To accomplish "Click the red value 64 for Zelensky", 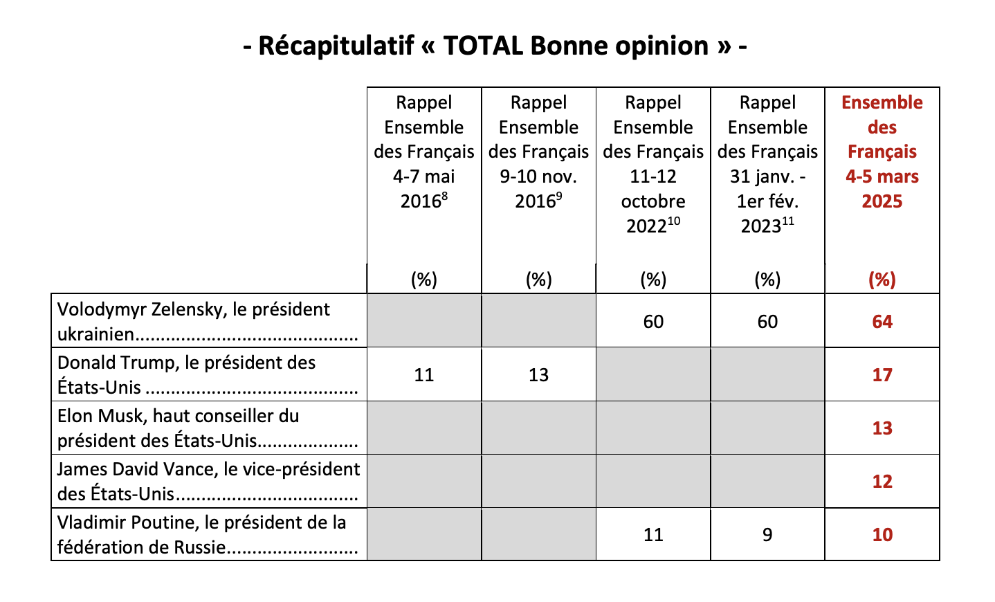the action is pos(882,321).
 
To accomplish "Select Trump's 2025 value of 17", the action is pos(882,374).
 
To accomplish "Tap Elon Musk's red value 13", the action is pos(882,428).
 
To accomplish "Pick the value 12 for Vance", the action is pos(882,481).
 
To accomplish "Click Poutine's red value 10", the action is pos(882,534).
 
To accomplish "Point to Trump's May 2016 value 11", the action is pos(423,375).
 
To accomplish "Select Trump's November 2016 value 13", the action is pos(538,375).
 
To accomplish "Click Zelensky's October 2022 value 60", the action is pos(653,322).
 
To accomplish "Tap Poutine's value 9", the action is pos(767,535).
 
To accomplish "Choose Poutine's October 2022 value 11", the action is pos(653,535).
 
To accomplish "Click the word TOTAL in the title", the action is pos(483,46).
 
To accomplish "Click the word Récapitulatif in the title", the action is pos(336,46).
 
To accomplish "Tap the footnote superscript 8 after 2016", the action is pos(445,196).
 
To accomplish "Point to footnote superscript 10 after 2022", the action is pos(674,221).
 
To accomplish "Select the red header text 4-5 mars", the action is pos(882,177).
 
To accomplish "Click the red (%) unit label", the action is pos(882,280).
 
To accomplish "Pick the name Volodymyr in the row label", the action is pos(102,310).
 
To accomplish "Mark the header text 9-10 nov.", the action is pos(538,177).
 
